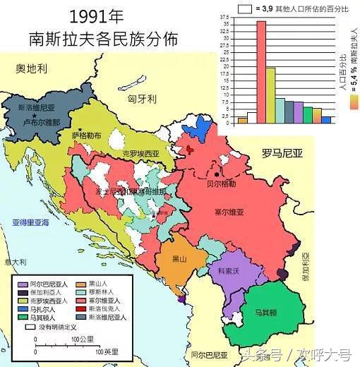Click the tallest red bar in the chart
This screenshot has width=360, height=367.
pos(260,71)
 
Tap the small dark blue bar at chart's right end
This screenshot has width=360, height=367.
pos(326,119)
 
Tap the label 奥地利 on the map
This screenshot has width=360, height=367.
pos(32,68)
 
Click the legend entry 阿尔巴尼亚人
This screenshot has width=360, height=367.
pos(49,283)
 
